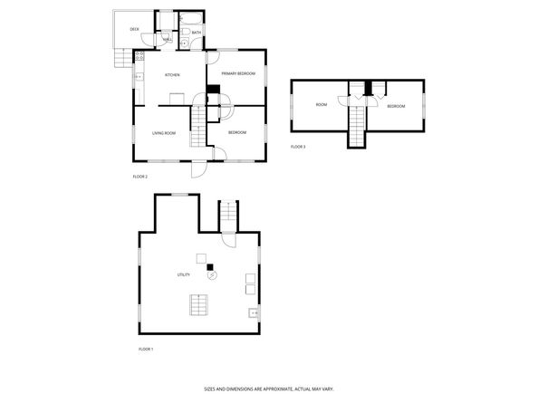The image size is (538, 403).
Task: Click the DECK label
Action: tap(134, 30)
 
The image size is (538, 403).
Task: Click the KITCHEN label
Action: tap(171, 75)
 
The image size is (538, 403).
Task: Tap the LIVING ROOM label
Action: tap(163, 133)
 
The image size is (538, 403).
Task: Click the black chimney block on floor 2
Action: tap(214, 89)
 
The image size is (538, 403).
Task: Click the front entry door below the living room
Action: tap(197, 169)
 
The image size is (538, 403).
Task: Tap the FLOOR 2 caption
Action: tap(139, 177)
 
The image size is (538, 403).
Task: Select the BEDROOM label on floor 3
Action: tap(396, 107)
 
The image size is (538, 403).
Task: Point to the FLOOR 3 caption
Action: tap(298, 147)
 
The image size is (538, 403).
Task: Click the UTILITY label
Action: tap(183, 274)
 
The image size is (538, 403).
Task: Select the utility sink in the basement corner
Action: tap(254, 314)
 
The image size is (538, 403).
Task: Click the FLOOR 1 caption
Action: tap(145, 349)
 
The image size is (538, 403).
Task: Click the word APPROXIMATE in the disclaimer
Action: tap(274, 388)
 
